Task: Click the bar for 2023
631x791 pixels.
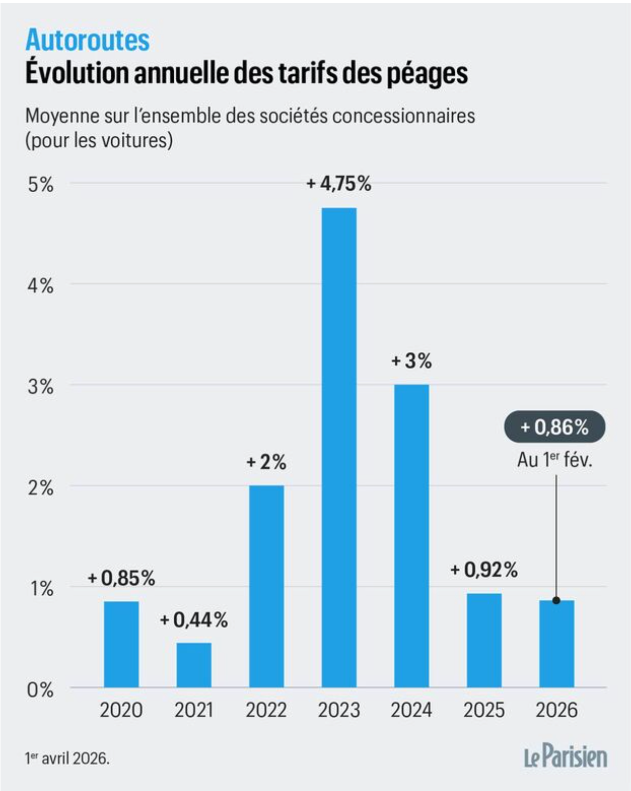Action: pyautogui.click(x=339, y=447)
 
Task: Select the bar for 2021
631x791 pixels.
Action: pyautogui.click(x=194, y=665)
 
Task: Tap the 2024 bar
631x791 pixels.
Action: pyautogui.click(x=412, y=536)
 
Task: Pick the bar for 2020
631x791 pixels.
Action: pyautogui.click(x=121, y=644)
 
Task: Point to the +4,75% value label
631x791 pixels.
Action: pyautogui.click(x=339, y=184)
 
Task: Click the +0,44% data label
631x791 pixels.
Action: pyautogui.click(x=194, y=620)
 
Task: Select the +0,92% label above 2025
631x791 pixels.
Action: pyautogui.click(x=484, y=570)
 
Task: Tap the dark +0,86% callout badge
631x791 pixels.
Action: pyautogui.click(x=554, y=427)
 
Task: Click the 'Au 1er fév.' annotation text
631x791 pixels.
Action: pyautogui.click(x=554, y=460)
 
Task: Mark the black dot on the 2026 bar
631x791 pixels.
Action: pyautogui.click(x=556, y=600)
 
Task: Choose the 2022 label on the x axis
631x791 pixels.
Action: pyautogui.click(x=266, y=710)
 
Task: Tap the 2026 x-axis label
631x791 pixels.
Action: pyautogui.click(x=556, y=710)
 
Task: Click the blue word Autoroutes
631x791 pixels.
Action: pyautogui.click(x=87, y=40)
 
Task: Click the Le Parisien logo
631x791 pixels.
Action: pyautogui.click(x=565, y=757)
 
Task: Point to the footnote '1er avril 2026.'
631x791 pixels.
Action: pyautogui.click(x=67, y=758)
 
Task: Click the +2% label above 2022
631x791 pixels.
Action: pyautogui.click(x=266, y=462)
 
